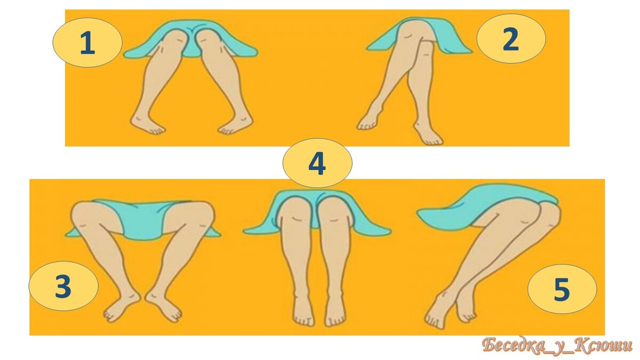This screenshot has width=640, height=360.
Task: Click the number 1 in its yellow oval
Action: point(87,43)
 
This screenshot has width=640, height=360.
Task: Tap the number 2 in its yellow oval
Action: point(511,39)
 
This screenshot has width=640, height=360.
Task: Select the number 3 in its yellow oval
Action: point(63,286)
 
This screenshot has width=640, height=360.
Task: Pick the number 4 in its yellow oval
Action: point(317,163)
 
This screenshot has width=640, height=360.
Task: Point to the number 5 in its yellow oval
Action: point(562,289)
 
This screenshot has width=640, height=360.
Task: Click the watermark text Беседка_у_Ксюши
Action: point(557,346)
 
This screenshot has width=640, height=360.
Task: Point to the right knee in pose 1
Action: point(209,40)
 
